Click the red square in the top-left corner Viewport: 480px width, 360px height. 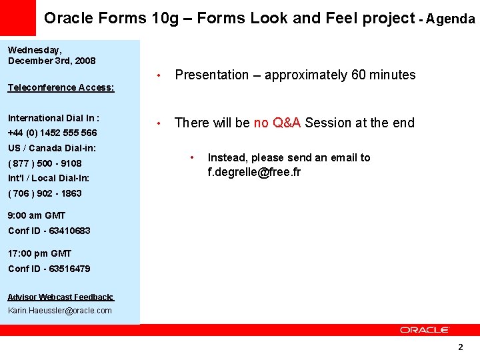[17, 17]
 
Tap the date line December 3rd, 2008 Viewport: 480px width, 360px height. [51, 61]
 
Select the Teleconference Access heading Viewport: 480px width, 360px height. [61, 87]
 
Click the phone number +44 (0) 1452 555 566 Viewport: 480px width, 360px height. [52, 133]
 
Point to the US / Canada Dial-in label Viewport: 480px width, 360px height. [51, 148]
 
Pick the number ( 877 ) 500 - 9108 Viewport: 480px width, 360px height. [45, 163]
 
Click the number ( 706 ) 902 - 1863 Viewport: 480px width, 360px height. [45, 193]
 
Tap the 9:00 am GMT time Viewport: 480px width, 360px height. [37, 215]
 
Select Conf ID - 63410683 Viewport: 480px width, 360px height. [49, 231]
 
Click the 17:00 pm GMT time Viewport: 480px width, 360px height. [39, 253]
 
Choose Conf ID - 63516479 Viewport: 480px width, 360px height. [49, 269]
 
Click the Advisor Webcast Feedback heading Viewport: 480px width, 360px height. [61, 297]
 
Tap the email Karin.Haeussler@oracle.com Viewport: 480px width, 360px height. [60, 311]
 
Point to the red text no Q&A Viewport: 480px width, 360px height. [277, 123]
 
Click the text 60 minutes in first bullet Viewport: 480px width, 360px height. [383, 75]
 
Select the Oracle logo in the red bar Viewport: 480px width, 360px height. [425, 330]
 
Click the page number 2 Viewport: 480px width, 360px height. [460, 347]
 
